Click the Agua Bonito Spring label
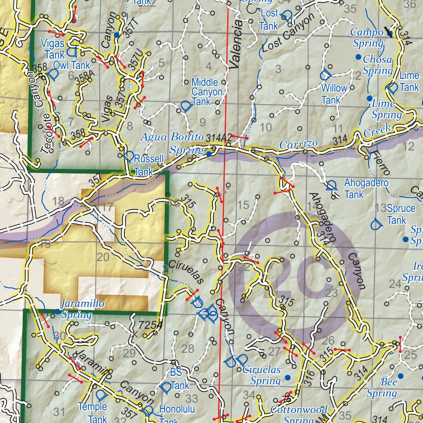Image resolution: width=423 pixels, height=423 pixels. tap(172, 143)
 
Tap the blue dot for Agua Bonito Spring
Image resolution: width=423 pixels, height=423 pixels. tap(209, 154)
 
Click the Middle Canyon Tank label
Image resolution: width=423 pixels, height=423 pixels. tap(207, 92)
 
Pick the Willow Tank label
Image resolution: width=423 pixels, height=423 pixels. tap(334, 94)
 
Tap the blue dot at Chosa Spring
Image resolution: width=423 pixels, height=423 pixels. tap(358, 57)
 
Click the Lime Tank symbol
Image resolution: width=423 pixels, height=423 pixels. tap(392, 88)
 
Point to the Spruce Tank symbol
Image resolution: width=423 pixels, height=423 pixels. tap(375, 224)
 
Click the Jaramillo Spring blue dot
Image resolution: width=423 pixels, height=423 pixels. tap(58, 311)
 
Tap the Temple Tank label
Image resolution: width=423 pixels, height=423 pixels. tap(93, 413)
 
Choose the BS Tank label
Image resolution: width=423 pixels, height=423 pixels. tap(178, 379)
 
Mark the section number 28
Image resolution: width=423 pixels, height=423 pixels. tap(188, 348)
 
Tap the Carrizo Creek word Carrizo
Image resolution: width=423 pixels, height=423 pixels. tap(298, 145)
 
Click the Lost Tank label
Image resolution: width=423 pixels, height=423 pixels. tap(269, 19)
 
